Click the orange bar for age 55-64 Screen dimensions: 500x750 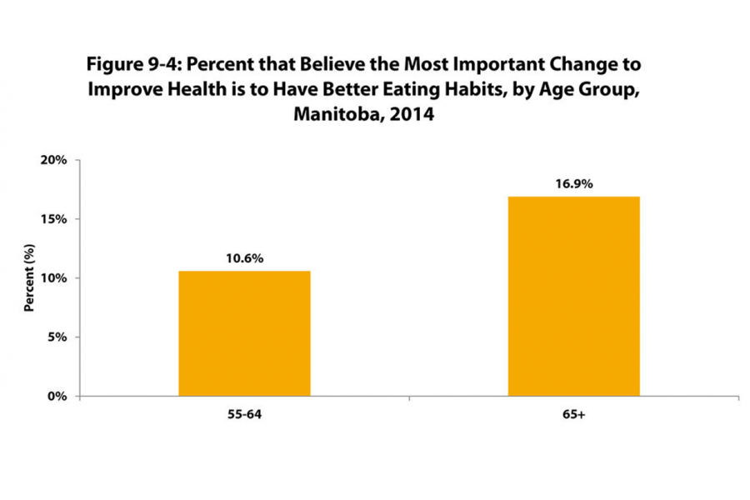click(x=244, y=333)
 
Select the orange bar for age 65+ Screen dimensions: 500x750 click(x=573, y=297)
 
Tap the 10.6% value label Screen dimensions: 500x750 click(x=244, y=258)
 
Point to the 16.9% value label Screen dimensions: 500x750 click(x=573, y=184)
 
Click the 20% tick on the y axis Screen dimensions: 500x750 click(x=54, y=160)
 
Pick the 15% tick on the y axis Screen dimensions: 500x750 click(x=54, y=219)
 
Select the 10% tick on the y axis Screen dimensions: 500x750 click(x=54, y=278)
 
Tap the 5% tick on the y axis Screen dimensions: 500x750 click(x=57, y=337)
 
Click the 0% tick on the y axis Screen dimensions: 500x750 click(x=57, y=397)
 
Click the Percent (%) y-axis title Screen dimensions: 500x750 click(x=29, y=278)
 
